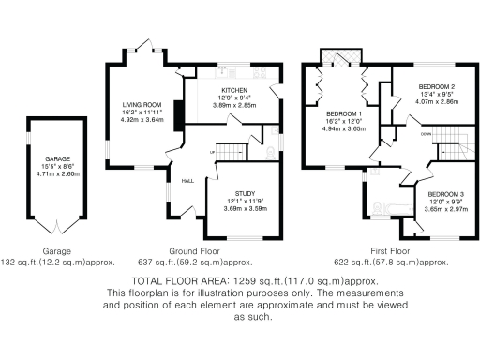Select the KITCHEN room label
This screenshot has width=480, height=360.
tap(233, 91)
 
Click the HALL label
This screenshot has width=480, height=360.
tap(187, 181)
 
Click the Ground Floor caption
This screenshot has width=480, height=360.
tap(194, 252)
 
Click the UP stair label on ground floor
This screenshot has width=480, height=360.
tap(213, 151)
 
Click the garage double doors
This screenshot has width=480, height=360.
tap(57, 228)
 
